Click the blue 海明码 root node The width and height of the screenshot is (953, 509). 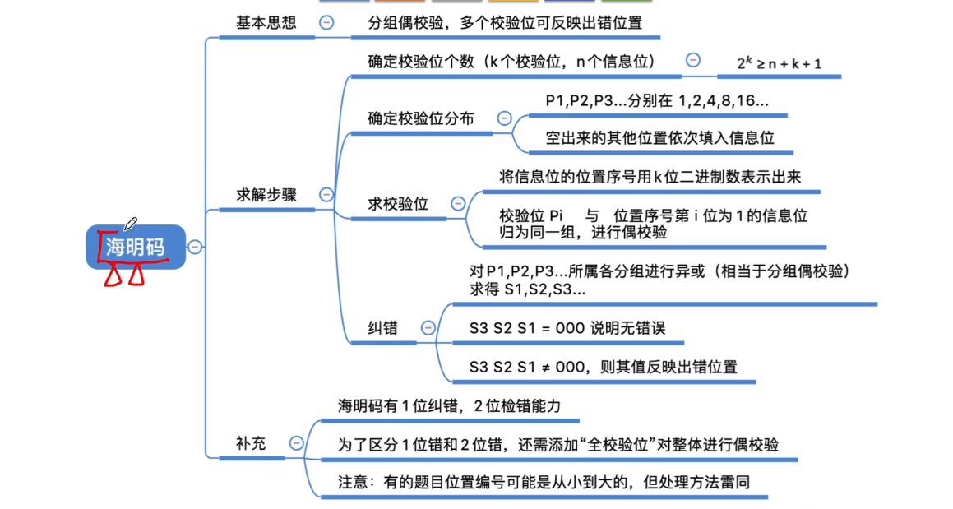click(136, 247)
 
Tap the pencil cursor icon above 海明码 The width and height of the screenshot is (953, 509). click(130, 224)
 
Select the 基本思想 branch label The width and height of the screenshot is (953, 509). click(266, 23)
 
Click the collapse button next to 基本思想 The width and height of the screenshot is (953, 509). click(326, 23)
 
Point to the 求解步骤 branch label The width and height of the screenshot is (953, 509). click(266, 195)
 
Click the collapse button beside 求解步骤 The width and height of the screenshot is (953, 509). click(326, 195)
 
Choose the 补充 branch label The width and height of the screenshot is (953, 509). click(251, 443)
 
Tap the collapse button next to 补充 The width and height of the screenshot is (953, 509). click(297, 443)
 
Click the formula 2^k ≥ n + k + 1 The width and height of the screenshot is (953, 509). click(779, 63)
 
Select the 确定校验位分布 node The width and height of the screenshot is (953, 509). click(420, 118)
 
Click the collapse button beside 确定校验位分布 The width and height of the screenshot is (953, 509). click(504, 118)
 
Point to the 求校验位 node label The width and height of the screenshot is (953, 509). click(398, 204)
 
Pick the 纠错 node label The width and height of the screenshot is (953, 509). click(382, 327)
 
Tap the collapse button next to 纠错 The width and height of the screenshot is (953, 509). click(428, 327)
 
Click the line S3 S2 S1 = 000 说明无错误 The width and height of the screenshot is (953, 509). click(567, 328)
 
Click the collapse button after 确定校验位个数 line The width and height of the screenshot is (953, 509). click(693, 60)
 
